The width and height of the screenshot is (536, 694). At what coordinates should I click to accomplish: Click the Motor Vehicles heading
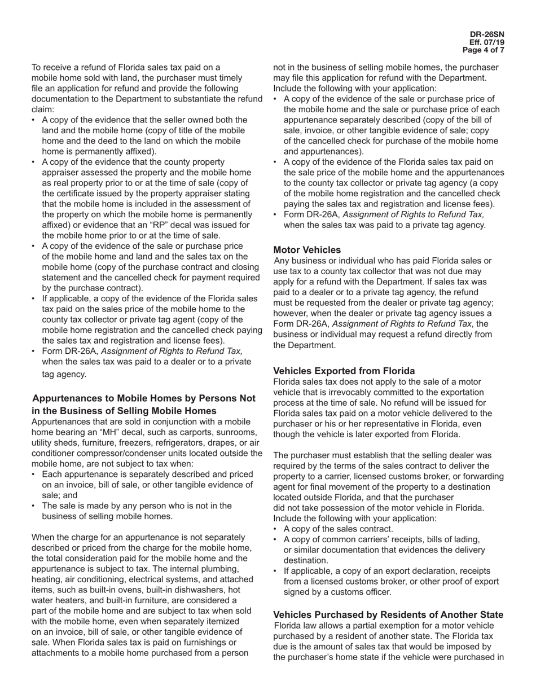(x=307, y=250)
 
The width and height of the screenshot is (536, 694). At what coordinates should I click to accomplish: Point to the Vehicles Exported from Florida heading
(x=344, y=371)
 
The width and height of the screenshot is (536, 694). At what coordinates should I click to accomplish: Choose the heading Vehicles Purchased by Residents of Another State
(x=388, y=614)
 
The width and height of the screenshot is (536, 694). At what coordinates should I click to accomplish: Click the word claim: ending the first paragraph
(x=43, y=109)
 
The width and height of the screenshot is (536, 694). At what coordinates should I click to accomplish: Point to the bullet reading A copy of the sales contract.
(x=338, y=529)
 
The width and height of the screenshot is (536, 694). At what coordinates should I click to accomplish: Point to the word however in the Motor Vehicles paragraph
(x=292, y=313)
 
